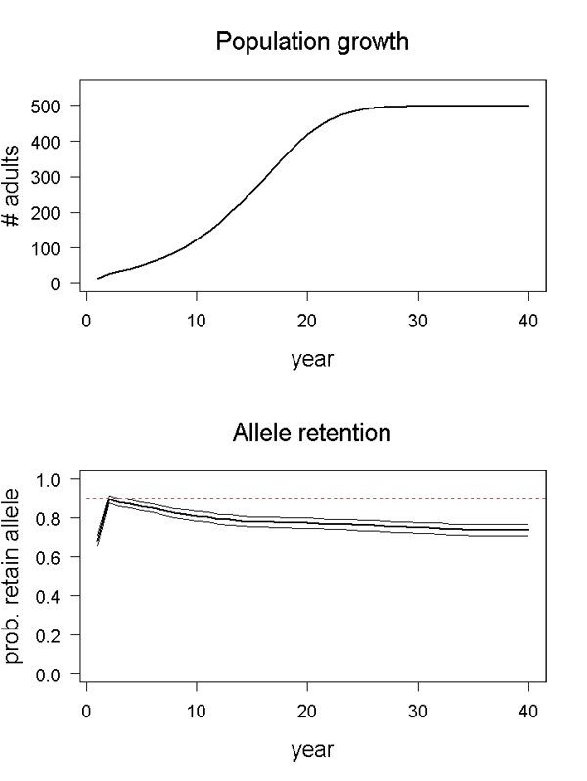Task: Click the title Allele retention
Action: click(312, 433)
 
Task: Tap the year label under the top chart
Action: click(312, 359)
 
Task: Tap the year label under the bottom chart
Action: click(312, 750)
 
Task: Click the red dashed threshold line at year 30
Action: click(418, 499)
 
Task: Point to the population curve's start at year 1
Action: click(98, 279)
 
